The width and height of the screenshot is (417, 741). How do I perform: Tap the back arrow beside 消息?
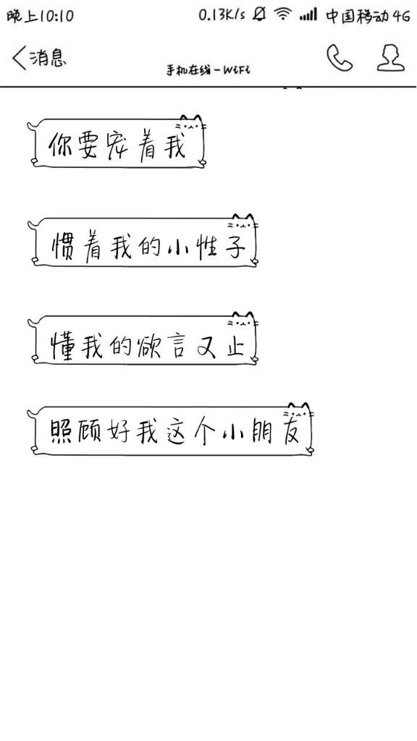[x=19, y=58]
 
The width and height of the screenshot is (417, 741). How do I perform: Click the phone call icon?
[x=339, y=58]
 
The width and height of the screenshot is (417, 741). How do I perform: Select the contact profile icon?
[x=390, y=58]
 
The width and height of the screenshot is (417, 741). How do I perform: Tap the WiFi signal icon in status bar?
[x=283, y=14]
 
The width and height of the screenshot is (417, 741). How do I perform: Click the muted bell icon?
[x=259, y=14]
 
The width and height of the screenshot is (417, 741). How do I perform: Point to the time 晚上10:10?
[x=41, y=16]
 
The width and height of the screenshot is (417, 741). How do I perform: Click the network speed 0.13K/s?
[x=222, y=14]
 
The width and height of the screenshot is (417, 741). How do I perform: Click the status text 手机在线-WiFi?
[x=208, y=70]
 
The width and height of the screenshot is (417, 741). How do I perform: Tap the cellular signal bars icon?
[x=308, y=15]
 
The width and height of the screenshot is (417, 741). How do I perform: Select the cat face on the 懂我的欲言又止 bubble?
[x=242, y=321]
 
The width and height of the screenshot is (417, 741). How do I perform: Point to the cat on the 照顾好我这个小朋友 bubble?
[x=298, y=412]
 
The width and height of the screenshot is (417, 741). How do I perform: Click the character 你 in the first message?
[x=61, y=145]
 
